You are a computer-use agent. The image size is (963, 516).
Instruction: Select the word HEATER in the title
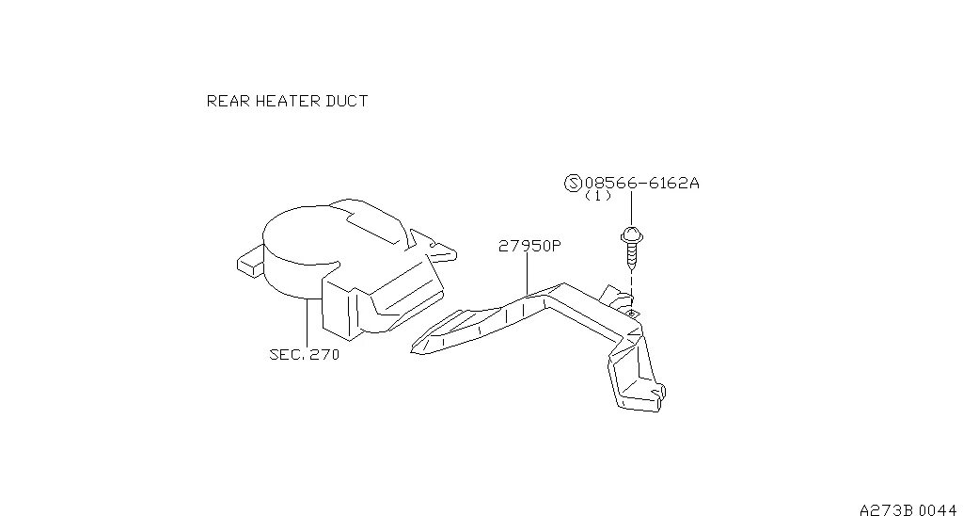[284, 101]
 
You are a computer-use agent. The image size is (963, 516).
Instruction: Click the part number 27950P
[529, 247]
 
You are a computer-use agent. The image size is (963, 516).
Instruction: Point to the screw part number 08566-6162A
[641, 184]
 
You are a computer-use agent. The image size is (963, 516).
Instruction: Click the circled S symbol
[573, 184]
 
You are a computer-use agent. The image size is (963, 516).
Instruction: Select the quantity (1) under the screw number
[598, 197]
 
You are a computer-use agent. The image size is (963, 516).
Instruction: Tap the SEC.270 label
[304, 355]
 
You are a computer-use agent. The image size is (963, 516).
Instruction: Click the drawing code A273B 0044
[907, 508]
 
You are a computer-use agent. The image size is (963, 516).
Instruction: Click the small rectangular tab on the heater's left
[247, 261]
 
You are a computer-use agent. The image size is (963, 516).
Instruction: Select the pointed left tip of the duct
[417, 348]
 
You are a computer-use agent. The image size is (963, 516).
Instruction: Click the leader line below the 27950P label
[528, 274]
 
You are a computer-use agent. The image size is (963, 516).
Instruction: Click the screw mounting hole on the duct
[632, 310]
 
